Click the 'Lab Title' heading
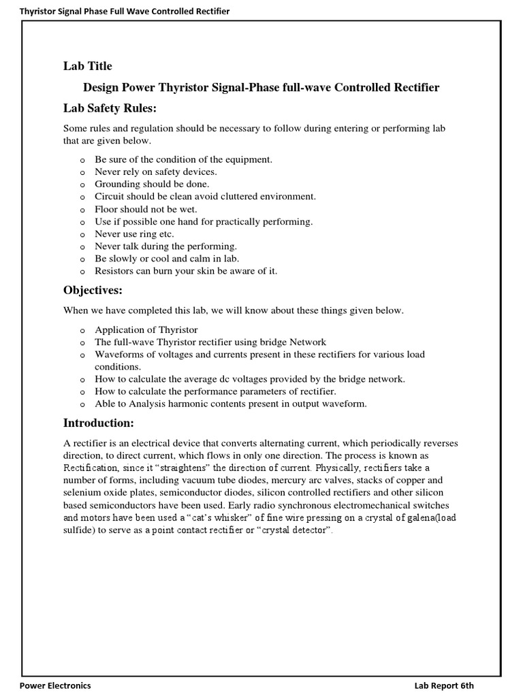point(87,66)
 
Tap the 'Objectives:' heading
point(93,291)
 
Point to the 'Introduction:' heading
point(98,423)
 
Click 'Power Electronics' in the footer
point(55,685)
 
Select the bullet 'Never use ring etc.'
point(135,233)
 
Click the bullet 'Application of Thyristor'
point(146,329)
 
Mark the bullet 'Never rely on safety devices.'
point(156,172)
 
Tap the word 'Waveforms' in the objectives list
point(118,355)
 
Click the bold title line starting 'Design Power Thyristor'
point(261,88)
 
